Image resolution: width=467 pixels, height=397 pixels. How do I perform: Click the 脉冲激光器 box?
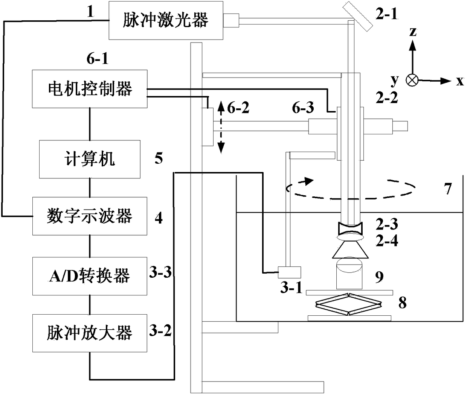tap(166, 20)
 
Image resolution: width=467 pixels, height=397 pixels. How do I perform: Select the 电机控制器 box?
tap(90, 89)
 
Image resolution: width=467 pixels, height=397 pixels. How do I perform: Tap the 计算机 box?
tap(90, 159)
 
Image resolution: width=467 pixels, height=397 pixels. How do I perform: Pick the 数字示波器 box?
tap(90, 216)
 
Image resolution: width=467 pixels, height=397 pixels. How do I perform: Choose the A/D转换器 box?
tap(90, 276)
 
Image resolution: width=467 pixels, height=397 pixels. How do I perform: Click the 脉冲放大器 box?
tap(90, 333)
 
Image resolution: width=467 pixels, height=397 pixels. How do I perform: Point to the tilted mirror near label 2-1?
tap(357, 16)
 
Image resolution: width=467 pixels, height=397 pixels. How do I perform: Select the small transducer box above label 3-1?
tap(289, 272)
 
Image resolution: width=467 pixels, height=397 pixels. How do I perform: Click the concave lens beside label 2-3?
tap(350, 228)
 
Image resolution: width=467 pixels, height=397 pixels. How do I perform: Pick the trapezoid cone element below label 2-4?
tap(350, 250)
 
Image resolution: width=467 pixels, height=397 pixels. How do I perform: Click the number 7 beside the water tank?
tap(448, 189)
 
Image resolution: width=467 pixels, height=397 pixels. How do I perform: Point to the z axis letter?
tap(413, 32)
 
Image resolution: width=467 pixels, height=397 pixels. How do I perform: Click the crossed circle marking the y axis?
tap(412, 80)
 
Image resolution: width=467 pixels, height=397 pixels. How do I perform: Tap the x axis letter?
tap(460, 81)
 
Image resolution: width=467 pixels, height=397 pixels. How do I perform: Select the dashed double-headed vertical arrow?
tap(221, 128)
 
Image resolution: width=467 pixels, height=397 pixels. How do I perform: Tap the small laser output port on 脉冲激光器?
tap(231, 21)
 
